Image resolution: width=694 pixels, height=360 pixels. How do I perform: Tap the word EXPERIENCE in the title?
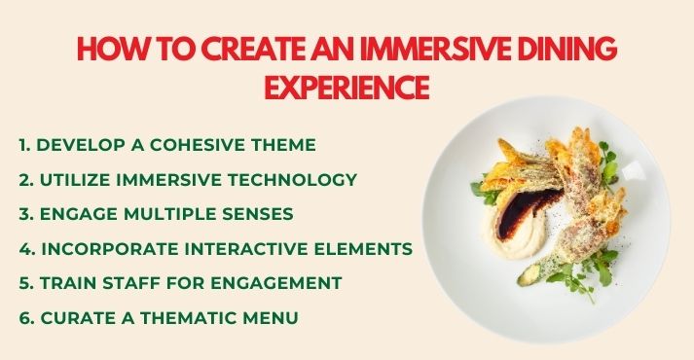[347, 88]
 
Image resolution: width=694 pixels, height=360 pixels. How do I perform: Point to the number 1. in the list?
[25, 145]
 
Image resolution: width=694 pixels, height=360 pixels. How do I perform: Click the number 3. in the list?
[26, 214]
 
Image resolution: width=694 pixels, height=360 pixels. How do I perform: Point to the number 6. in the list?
[26, 318]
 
